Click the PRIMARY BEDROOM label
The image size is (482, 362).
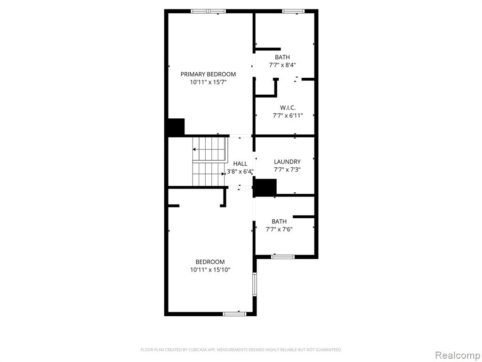point(208,74)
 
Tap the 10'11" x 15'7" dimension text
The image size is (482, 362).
point(208,82)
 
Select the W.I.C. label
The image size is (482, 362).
point(288,108)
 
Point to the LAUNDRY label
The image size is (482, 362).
point(287,162)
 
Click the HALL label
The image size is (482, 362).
point(240,164)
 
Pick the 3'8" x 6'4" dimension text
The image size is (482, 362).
point(240,172)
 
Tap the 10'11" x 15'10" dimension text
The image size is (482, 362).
point(210,270)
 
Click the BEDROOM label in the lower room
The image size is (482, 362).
point(210,262)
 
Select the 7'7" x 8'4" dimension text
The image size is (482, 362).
point(282,65)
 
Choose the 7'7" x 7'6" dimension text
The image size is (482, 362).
point(279,230)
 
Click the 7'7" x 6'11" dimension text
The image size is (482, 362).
point(288,116)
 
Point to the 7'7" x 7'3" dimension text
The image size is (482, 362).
point(287,170)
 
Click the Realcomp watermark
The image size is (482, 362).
point(458,355)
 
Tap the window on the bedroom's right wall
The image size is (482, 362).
point(255,284)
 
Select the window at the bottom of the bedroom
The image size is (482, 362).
point(234,314)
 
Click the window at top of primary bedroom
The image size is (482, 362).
point(208,11)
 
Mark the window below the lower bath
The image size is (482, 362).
point(283,257)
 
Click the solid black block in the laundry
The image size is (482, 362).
point(265,188)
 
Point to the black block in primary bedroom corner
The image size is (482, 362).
point(176,127)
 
